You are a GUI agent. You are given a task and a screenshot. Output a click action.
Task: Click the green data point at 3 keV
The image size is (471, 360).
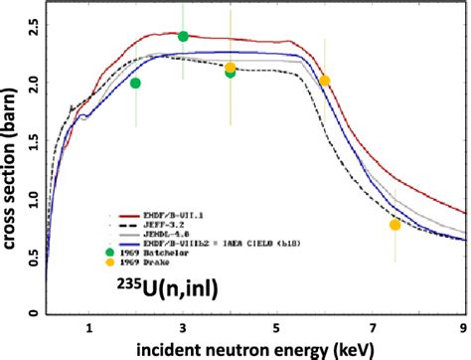[183, 37]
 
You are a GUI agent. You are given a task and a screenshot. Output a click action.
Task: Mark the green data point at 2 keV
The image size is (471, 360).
[136, 84]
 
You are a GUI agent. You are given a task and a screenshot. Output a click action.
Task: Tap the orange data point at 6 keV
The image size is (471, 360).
[324, 81]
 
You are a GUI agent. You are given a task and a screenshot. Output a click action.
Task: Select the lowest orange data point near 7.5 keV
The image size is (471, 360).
[394, 225]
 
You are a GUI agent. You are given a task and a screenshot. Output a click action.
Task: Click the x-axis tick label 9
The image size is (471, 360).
[464, 325]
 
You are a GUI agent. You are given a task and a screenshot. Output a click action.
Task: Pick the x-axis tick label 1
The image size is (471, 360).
[89, 325]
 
